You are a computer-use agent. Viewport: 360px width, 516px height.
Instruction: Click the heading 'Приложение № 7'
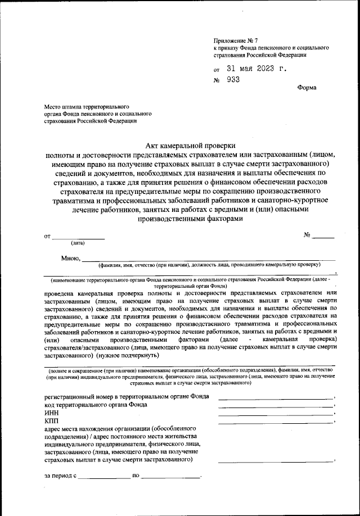(x=235, y=41)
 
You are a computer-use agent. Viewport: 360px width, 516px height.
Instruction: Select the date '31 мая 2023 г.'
(x=256, y=70)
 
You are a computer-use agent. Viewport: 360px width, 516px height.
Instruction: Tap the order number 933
(x=233, y=80)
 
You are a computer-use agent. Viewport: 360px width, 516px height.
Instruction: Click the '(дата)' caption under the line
(x=78, y=243)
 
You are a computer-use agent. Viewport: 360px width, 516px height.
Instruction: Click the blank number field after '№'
(x=323, y=237)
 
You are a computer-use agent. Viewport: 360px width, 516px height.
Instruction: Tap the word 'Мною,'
(x=71, y=259)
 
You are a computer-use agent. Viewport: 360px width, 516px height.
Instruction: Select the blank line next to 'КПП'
(x=276, y=423)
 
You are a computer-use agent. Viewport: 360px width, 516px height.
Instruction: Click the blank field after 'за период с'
(x=104, y=477)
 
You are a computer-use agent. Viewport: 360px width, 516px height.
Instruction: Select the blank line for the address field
(x=276, y=461)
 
